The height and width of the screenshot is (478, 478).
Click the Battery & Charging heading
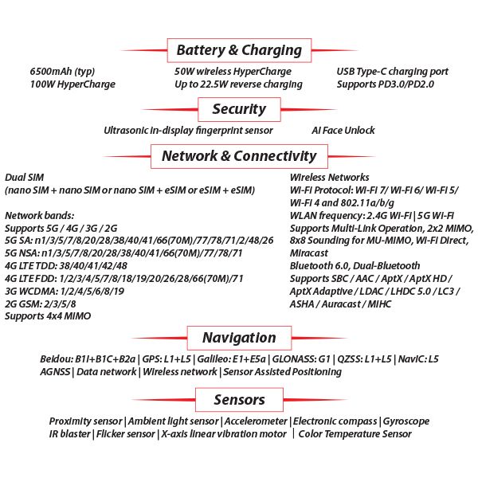[239, 50]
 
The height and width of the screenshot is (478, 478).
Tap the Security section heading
[239, 109]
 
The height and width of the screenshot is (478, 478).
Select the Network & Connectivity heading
[239, 156]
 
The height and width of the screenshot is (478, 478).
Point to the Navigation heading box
[239, 338]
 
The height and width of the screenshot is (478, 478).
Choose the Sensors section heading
[239, 399]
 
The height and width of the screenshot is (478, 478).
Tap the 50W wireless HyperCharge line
[233, 72]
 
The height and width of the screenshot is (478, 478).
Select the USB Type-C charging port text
[393, 72]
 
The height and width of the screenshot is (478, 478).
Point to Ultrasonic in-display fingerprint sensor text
[188, 130]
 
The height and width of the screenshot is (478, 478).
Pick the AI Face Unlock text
[343, 130]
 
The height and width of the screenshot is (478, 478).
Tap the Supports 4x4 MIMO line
[48, 316]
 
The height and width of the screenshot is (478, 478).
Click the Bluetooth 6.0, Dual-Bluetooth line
[355, 265]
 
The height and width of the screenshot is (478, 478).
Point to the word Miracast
[309, 253]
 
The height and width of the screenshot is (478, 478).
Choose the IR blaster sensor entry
[70, 434]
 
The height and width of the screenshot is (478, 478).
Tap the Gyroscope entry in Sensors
[406, 421]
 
